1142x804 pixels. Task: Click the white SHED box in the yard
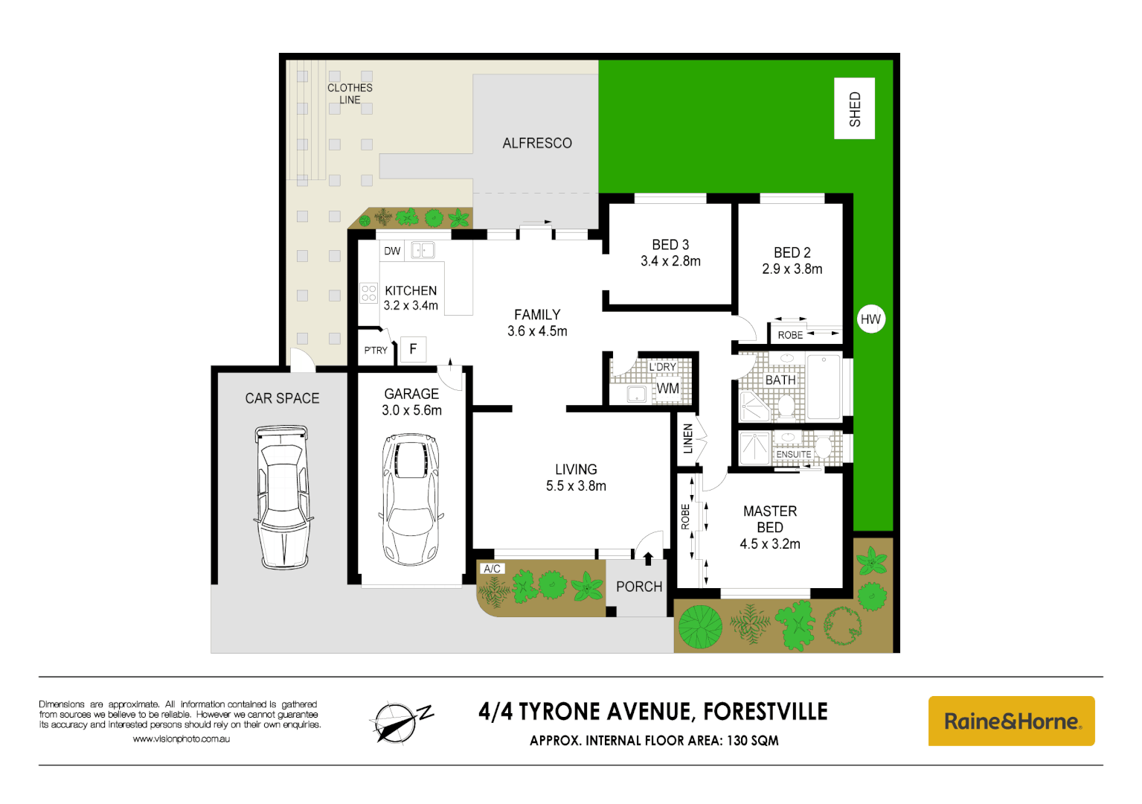854,109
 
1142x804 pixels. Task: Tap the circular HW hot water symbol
870,319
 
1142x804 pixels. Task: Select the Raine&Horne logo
1011,721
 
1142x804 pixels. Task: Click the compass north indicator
400,721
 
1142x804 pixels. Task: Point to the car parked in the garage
411,500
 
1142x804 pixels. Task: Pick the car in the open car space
283,497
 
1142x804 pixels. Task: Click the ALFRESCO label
536,143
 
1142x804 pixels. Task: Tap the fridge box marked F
413,349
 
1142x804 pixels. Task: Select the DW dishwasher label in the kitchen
392,251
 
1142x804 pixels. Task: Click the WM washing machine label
667,388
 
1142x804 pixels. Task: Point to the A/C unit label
492,569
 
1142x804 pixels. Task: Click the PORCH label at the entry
638,587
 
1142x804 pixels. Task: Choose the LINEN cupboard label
688,438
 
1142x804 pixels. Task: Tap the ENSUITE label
794,454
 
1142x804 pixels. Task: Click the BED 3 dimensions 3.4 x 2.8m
670,261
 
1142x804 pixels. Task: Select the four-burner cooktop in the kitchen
369,293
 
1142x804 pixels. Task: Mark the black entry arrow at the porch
648,558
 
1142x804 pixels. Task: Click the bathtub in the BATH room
824,386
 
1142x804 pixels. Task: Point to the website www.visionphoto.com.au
181,739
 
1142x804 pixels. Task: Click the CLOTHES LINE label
350,93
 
